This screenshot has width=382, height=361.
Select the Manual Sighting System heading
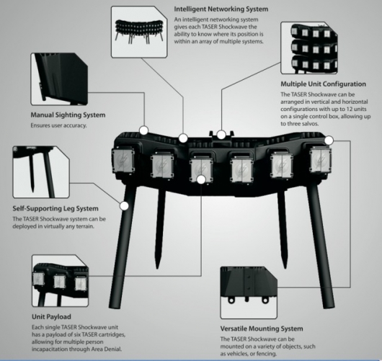(x=68, y=114)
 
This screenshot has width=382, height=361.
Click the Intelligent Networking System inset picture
(x=138, y=30)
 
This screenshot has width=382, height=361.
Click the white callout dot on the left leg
(x=125, y=205)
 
